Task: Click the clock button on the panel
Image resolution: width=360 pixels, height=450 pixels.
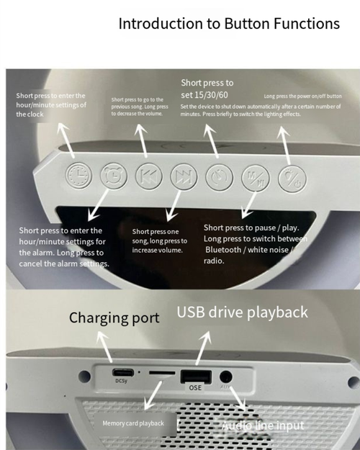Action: [x=77, y=176]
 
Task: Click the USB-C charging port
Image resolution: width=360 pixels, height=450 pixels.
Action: [x=120, y=373]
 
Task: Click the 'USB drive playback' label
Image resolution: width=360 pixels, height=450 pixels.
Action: [x=242, y=312]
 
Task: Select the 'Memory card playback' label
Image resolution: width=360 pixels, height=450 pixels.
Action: [x=133, y=423]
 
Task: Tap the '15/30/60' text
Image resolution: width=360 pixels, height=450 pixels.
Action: [x=207, y=94]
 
